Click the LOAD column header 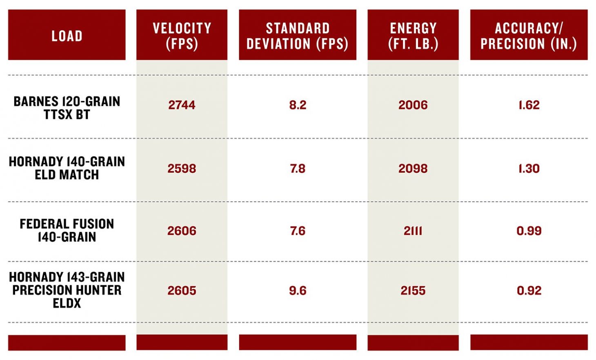pos(67,36)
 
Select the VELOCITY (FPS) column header pos(182,36)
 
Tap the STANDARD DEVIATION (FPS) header pos(297,36)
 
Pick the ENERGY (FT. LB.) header pos(413,36)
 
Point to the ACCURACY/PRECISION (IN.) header pos(529,36)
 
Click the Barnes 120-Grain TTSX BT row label pos(67,108)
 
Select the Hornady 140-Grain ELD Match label pos(67,168)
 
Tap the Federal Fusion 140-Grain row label pos(67,230)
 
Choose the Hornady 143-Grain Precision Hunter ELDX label pos(67,290)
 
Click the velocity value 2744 pos(182,105)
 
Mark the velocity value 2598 pos(182,168)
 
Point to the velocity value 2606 pos(182,231)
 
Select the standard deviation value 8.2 pos(297,105)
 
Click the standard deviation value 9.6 pos(297,290)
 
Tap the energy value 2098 pos(413,168)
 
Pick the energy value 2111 pos(413,231)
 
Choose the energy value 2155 pos(413,290)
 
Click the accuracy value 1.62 pos(529,105)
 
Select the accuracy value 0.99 pos(529,231)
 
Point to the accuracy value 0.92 pos(529,290)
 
